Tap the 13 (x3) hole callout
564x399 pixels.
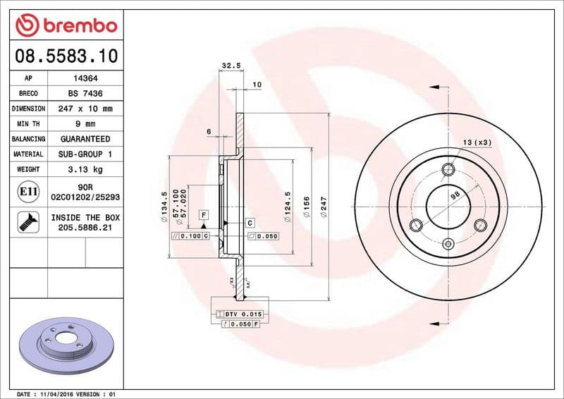(x=477, y=142)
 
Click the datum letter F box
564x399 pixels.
(x=203, y=214)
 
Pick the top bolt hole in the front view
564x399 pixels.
(x=447, y=169)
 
